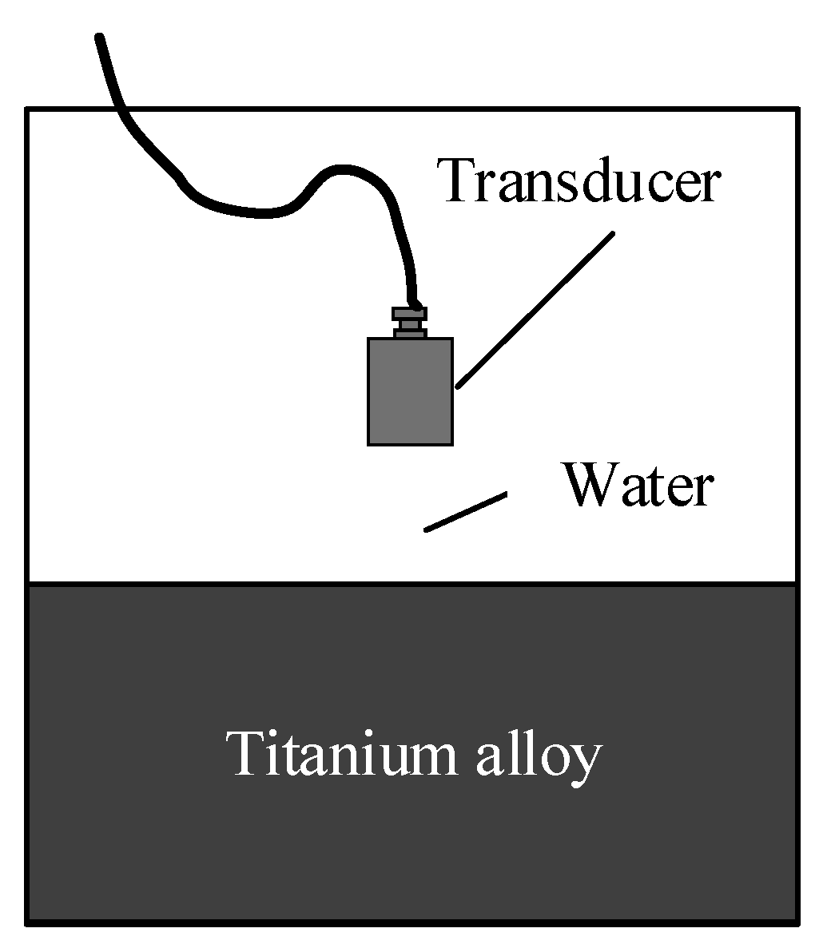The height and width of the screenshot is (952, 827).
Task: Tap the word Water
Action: pos(637,485)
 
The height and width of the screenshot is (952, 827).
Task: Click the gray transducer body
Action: pos(410,391)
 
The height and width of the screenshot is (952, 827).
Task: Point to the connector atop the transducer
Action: pos(410,322)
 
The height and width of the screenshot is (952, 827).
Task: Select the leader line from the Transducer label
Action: pos(535,308)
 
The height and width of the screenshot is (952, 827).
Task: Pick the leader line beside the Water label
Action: pos(466,511)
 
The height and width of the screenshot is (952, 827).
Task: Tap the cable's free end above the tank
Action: pos(100,38)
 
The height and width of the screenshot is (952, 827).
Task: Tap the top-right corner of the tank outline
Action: pos(797,109)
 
